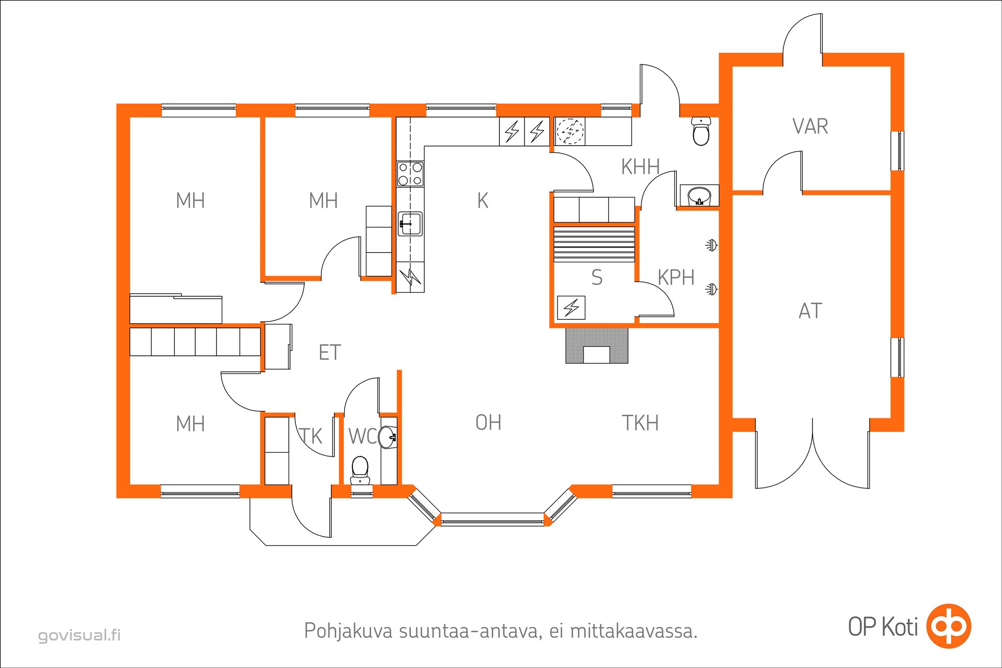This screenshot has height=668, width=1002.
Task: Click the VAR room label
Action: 810,127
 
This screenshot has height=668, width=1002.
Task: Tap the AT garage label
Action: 810,311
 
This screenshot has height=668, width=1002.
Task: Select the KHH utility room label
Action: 640,167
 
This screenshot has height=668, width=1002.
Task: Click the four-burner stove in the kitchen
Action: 410,173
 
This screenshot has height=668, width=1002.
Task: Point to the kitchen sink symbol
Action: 410,224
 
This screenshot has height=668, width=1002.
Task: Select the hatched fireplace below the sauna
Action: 597,346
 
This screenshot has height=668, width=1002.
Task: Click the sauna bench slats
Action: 594,244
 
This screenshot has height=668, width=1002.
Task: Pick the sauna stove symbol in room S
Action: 571,308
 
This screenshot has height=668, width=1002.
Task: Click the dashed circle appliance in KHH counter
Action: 570,131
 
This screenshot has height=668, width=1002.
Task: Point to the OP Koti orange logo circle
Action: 949,625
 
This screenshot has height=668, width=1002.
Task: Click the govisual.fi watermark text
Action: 79,635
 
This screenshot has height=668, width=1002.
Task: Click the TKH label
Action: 640,423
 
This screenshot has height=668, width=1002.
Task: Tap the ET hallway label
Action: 330,353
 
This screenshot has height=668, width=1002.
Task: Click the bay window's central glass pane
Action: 493,520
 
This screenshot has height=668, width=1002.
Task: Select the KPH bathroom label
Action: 676,278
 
